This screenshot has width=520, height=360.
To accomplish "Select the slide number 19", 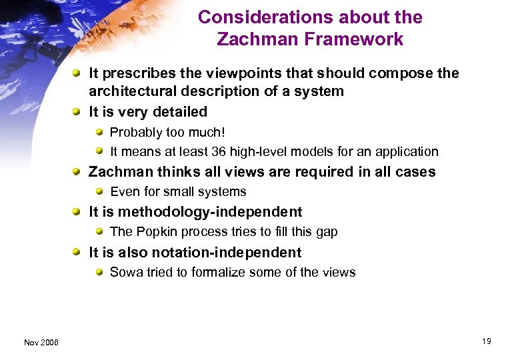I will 487,341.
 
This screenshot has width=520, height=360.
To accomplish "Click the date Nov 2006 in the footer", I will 41,342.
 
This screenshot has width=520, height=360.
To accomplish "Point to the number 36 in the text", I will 215,151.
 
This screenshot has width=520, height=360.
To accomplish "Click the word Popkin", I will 154,232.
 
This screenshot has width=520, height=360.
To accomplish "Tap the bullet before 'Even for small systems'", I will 99,191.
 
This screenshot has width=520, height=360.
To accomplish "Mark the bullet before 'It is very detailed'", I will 78,111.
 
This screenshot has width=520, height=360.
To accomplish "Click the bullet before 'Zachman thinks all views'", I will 78,171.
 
